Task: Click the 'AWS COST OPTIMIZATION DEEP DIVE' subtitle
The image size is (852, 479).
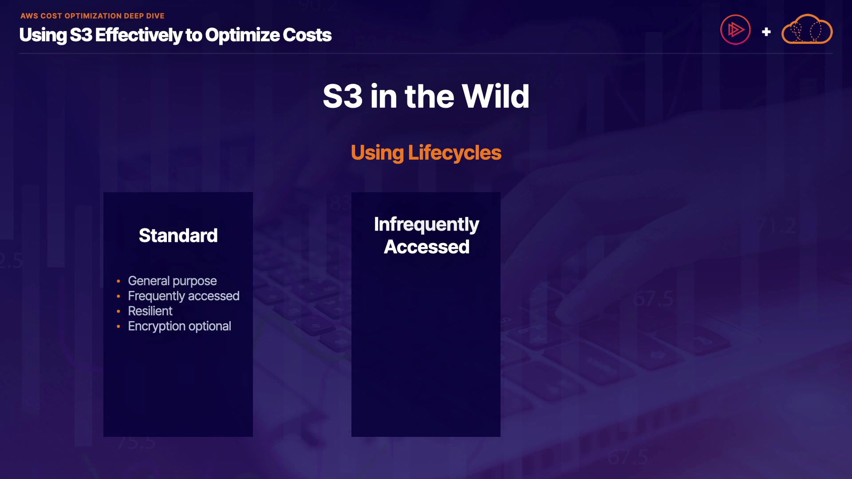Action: (92, 16)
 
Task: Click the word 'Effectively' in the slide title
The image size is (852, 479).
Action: (138, 35)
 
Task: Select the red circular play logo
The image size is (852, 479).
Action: (735, 30)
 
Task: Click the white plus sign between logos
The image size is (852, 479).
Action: (766, 32)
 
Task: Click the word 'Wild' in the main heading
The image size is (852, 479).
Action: (496, 96)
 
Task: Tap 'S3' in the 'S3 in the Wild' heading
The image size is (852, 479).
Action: (343, 96)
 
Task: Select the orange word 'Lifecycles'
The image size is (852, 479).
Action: (455, 153)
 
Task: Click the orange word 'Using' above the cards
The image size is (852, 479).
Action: (377, 153)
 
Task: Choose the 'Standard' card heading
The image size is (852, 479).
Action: (178, 236)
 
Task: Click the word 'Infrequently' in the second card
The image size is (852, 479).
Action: (426, 225)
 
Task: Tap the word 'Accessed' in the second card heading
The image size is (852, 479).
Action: (426, 247)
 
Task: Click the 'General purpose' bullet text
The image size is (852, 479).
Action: (172, 281)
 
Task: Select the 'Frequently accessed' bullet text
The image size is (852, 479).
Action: (184, 296)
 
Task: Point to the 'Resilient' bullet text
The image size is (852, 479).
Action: (150, 311)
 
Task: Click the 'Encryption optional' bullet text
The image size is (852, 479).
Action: (179, 326)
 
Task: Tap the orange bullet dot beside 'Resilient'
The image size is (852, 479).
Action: (118, 311)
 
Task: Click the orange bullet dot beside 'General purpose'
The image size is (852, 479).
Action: (118, 281)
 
